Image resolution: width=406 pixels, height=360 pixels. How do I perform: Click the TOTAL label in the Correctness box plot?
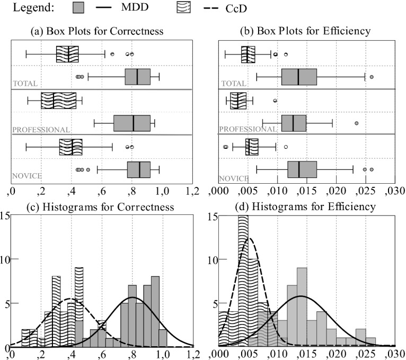click(x=24, y=84)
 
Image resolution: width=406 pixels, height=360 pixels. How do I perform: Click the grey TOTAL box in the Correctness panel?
click(x=138, y=77)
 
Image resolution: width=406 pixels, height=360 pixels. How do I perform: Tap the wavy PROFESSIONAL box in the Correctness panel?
click(x=59, y=100)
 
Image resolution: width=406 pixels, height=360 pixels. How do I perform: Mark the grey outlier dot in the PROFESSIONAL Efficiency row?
click(x=356, y=123)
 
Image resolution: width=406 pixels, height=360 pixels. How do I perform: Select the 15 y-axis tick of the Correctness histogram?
click(x=5, y=215)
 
